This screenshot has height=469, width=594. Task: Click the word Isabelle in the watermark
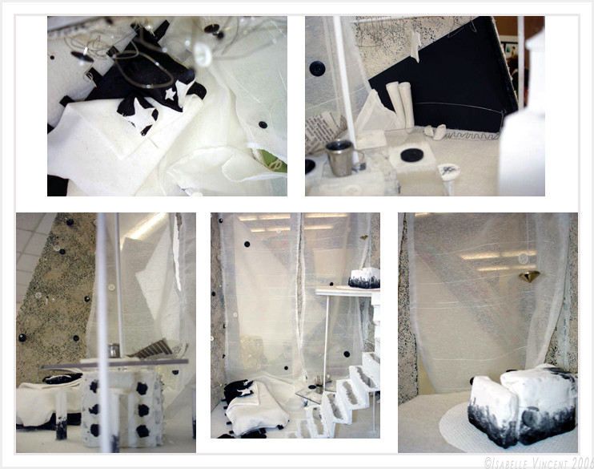[507, 463]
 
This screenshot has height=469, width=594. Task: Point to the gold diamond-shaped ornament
[529, 277]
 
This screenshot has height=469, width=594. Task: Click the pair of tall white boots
[400, 105]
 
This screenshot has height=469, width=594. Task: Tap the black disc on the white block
[411, 156]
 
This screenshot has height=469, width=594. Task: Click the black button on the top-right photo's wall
[317, 69]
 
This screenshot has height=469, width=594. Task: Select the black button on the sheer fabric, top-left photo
[262, 125]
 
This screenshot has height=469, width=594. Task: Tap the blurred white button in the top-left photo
[202, 55]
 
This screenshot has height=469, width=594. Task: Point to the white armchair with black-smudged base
[523, 405]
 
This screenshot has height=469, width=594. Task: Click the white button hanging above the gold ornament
[524, 259]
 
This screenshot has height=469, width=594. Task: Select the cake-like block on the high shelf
[364, 278]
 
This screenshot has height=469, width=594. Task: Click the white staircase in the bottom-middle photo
[343, 394]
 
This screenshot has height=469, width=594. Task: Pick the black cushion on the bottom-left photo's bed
[62, 378]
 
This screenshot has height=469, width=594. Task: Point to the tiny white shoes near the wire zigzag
[435, 131]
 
